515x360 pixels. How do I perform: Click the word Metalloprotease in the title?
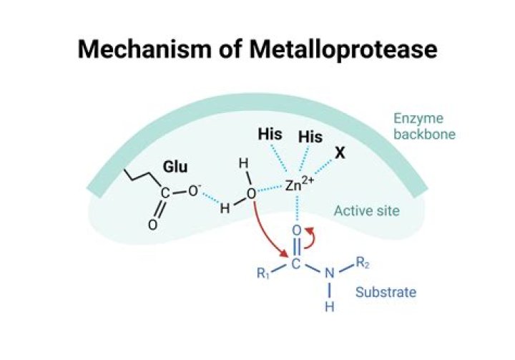point(343,49)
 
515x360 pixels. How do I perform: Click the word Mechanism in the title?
point(144,49)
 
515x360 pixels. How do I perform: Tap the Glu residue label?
point(175,167)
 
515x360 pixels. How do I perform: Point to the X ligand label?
point(340,153)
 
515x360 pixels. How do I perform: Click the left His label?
point(270,134)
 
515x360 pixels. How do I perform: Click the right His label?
point(310,137)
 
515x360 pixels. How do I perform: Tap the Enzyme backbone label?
point(424,126)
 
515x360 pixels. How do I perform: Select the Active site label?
point(366,210)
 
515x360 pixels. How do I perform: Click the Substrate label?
point(386,292)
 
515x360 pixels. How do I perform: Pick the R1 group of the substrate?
point(263,273)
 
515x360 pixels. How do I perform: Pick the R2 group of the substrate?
point(363,263)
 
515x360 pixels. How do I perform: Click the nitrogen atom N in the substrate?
point(330,273)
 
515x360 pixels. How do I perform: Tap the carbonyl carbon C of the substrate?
point(295,263)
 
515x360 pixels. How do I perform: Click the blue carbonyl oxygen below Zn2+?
point(296,230)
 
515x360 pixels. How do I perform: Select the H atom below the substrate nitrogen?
point(330,307)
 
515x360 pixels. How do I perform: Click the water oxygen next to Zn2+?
point(251,194)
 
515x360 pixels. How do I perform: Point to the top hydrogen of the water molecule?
point(243,163)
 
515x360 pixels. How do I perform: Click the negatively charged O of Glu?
point(193,191)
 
